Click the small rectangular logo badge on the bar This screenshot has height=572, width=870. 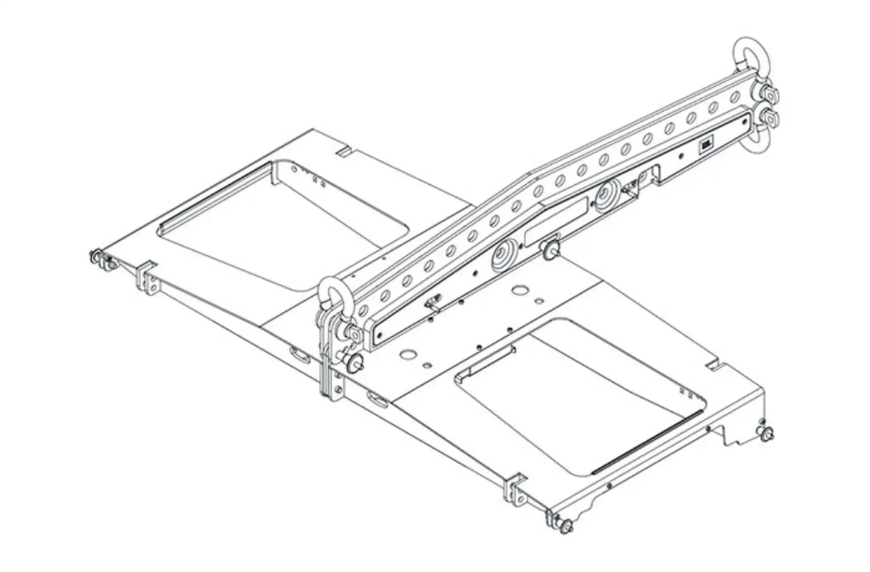pyautogui.click(x=706, y=146)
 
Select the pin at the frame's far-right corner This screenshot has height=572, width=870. pyautogui.click(x=767, y=433)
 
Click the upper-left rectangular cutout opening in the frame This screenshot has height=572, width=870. pyautogui.click(x=287, y=215)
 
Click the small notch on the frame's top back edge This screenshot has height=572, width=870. pyautogui.click(x=342, y=152)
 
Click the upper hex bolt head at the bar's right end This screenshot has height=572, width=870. pyautogui.click(x=769, y=92)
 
